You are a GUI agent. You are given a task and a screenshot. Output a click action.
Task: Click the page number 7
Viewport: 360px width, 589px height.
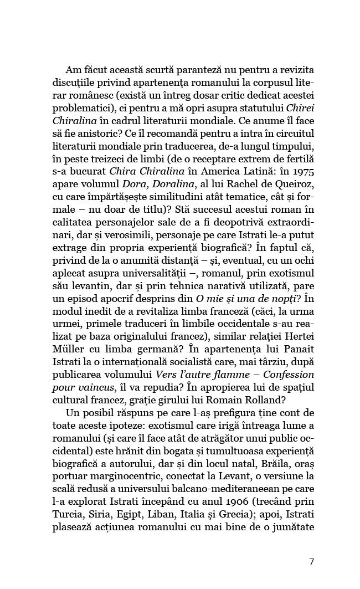pyautogui.click(x=311, y=561)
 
